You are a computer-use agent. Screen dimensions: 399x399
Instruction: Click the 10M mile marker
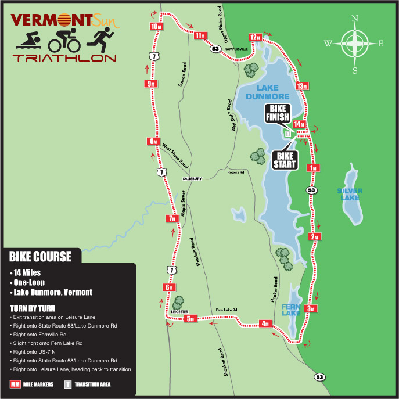coord(156,27)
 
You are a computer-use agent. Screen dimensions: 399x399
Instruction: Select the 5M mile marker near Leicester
coord(193,318)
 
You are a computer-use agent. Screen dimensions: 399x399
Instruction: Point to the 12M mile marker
coord(256,37)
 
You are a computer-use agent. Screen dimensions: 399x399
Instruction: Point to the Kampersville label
coord(237,49)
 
